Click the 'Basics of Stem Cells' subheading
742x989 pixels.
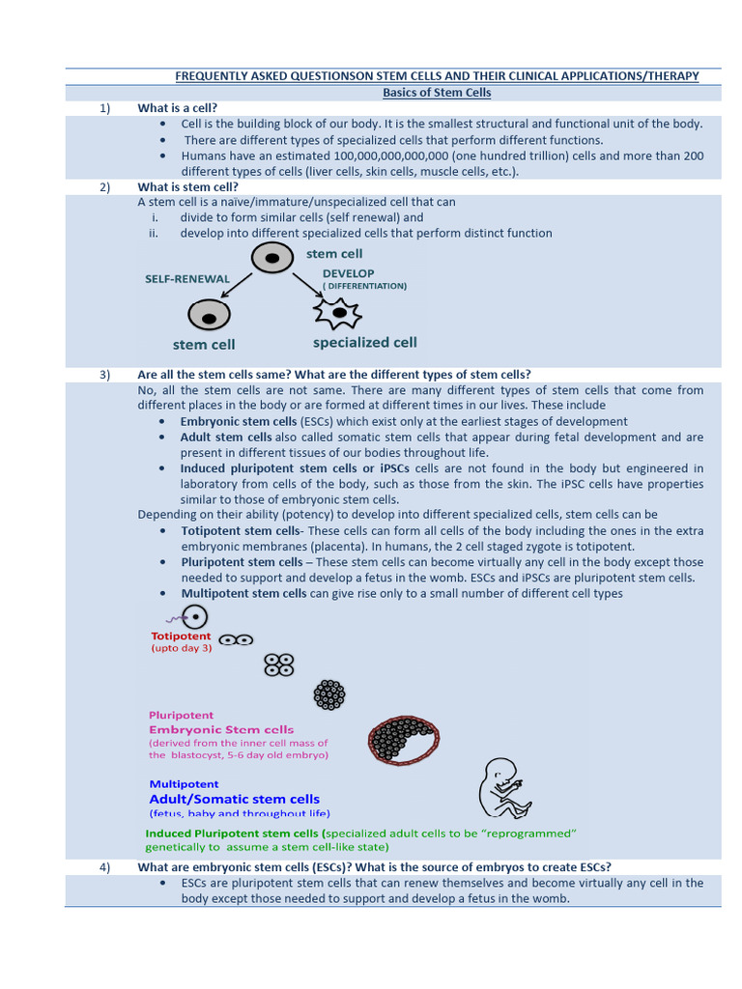(x=437, y=93)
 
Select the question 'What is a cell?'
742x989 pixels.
(x=178, y=108)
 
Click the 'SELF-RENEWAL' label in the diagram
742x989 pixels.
(x=187, y=279)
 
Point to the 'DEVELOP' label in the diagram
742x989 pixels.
(x=348, y=273)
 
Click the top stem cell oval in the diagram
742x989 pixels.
(x=272, y=258)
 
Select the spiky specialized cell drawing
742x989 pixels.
(x=337, y=313)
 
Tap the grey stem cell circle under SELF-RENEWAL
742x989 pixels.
(x=209, y=314)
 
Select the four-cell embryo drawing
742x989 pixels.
(x=279, y=664)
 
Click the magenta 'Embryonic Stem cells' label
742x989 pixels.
(x=221, y=729)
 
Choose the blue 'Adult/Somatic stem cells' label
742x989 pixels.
(x=234, y=799)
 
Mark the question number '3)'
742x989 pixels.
(x=106, y=375)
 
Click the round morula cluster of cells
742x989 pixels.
(x=329, y=693)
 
